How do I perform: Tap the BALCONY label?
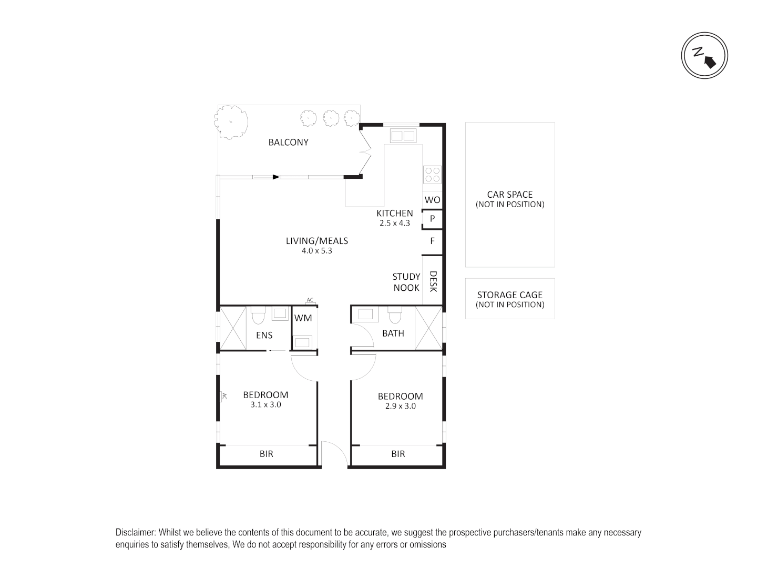(x=288, y=142)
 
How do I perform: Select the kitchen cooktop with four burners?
(x=432, y=175)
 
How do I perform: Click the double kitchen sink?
(x=403, y=136)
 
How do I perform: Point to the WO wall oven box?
(x=432, y=200)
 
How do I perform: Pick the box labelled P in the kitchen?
(x=432, y=219)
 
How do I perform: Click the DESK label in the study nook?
(x=433, y=281)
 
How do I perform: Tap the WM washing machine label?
(x=303, y=318)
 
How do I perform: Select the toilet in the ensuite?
(x=258, y=317)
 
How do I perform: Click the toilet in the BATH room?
(x=394, y=317)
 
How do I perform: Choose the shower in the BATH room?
(x=428, y=328)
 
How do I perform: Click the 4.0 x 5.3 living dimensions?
(x=316, y=251)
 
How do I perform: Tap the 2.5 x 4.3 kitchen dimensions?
(x=394, y=223)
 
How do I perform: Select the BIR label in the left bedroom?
(x=267, y=454)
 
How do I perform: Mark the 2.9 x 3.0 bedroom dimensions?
(x=400, y=406)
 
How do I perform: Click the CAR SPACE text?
(x=509, y=195)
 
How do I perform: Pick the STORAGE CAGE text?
(x=509, y=295)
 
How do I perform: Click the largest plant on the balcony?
(x=231, y=121)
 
